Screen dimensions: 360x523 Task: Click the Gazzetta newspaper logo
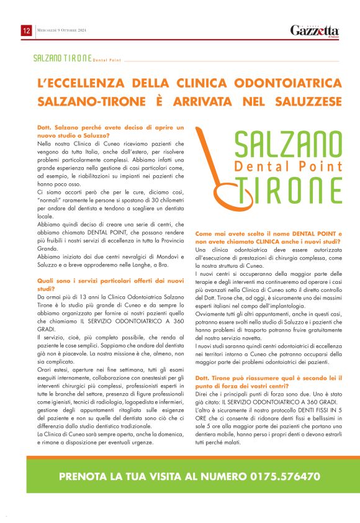315,30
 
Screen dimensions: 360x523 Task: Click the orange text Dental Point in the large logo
289,166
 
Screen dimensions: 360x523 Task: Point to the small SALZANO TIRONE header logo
78,58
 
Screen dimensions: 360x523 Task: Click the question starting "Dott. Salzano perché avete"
112,130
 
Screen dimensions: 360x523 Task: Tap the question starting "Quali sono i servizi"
112,284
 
